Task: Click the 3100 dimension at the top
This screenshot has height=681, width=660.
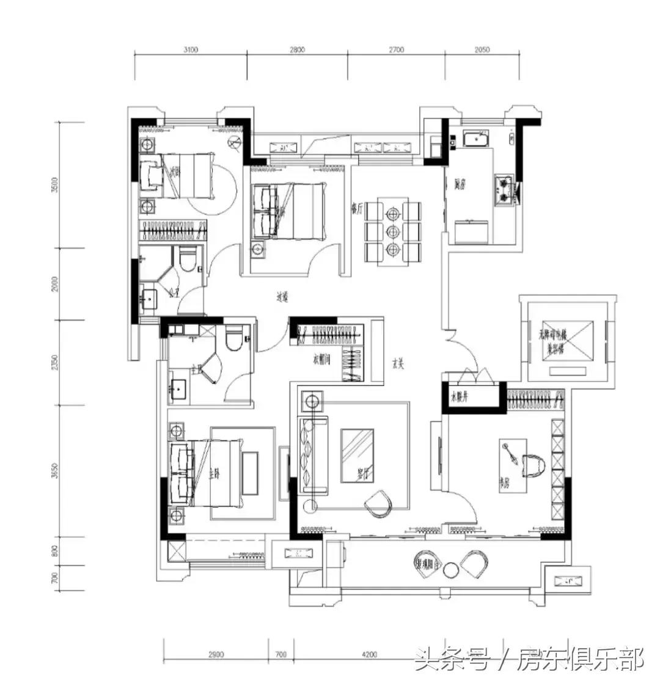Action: point(191,51)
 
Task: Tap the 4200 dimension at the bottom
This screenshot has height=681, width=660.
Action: point(370,655)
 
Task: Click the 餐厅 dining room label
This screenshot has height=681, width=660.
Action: point(358,208)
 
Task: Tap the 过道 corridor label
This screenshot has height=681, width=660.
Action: point(282,297)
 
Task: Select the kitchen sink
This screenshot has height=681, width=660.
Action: point(475,140)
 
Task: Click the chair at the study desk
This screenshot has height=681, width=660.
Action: point(532,465)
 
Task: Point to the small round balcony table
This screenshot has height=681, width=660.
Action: point(451,570)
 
